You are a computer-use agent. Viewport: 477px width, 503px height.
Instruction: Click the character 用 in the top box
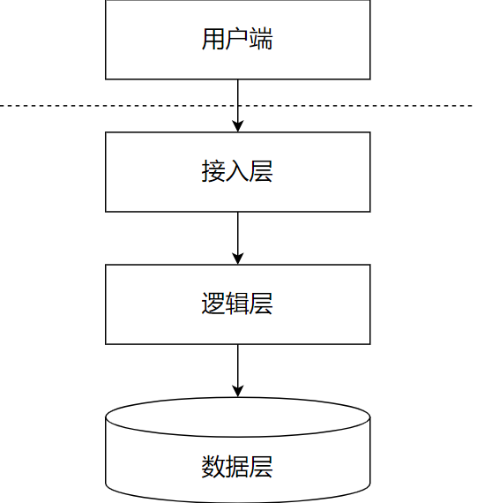[213, 40]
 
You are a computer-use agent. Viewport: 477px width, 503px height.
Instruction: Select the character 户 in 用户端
[237, 40]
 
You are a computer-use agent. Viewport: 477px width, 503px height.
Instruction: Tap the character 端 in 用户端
[261, 40]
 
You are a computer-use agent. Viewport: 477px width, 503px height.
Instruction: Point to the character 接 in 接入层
[213, 172]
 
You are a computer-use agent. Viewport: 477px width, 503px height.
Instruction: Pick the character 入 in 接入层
[237, 172]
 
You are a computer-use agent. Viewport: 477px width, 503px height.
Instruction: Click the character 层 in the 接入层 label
[261, 172]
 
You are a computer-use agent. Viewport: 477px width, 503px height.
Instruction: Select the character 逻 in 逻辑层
[213, 304]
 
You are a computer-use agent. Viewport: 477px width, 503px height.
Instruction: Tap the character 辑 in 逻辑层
[237, 304]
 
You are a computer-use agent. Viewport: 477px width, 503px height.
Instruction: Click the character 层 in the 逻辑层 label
[261, 304]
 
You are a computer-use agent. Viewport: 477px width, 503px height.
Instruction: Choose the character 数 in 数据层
[213, 466]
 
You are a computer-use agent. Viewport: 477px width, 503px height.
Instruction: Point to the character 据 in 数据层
[237, 466]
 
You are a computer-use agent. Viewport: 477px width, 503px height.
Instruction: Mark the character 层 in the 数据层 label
[261, 466]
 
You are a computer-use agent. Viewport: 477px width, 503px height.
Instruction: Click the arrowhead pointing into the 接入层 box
[237, 126]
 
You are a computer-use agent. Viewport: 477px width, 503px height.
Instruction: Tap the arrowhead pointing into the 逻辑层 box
[237, 259]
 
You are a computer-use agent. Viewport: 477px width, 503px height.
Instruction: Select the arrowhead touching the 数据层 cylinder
[237, 391]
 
